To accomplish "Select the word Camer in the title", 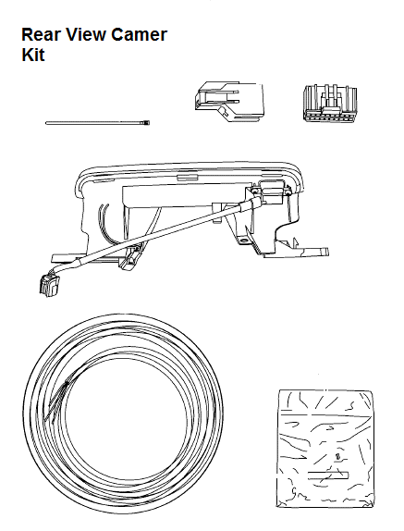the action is [x=139, y=34].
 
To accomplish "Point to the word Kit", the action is [x=33, y=55].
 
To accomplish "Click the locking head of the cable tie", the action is [x=145, y=122].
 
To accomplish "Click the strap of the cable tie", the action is [x=94, y=123].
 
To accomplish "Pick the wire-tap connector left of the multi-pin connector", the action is [x=229, y=101].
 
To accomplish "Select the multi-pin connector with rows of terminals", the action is [x=329, y=103].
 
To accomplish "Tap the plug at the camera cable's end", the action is [x=49, y=285].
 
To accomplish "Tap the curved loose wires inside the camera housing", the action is [x=104, y=220].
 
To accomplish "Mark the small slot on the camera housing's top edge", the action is [x=187, y=176].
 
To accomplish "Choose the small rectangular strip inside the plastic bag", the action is [x=328, y=475].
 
